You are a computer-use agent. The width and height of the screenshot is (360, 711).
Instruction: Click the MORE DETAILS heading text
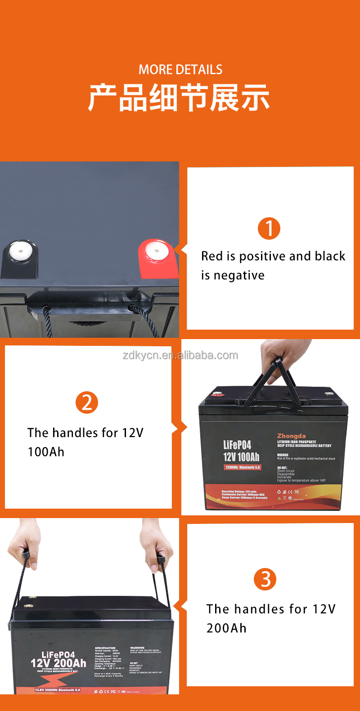tap(180, 70)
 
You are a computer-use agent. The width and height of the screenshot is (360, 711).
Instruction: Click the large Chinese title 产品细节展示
tap(179, 98)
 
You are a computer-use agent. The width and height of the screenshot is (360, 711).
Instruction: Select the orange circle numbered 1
tap(269, 228)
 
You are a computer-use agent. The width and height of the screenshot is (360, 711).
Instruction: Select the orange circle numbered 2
tap(87, 402)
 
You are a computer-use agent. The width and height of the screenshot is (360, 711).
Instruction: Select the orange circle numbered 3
tap(265, 579)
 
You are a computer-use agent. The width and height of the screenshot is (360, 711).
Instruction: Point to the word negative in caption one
tap(239, 275)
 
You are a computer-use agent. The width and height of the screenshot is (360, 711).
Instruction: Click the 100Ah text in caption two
tap(46, 452)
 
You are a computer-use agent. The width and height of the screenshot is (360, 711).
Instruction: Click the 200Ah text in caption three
tap(226, 628)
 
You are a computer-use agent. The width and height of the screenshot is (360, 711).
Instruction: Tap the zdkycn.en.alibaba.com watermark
tap(180, 355)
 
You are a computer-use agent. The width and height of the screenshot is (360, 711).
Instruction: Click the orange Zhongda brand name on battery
tap(291, 436)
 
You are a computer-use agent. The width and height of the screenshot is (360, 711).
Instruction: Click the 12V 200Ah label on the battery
tap(58, 663)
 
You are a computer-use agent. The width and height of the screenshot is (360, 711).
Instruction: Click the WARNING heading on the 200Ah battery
tap(137, 648)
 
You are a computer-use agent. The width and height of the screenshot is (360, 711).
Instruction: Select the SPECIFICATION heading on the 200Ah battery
tap(105, 648)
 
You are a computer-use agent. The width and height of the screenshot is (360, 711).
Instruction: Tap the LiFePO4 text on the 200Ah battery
tap(58, 655)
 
